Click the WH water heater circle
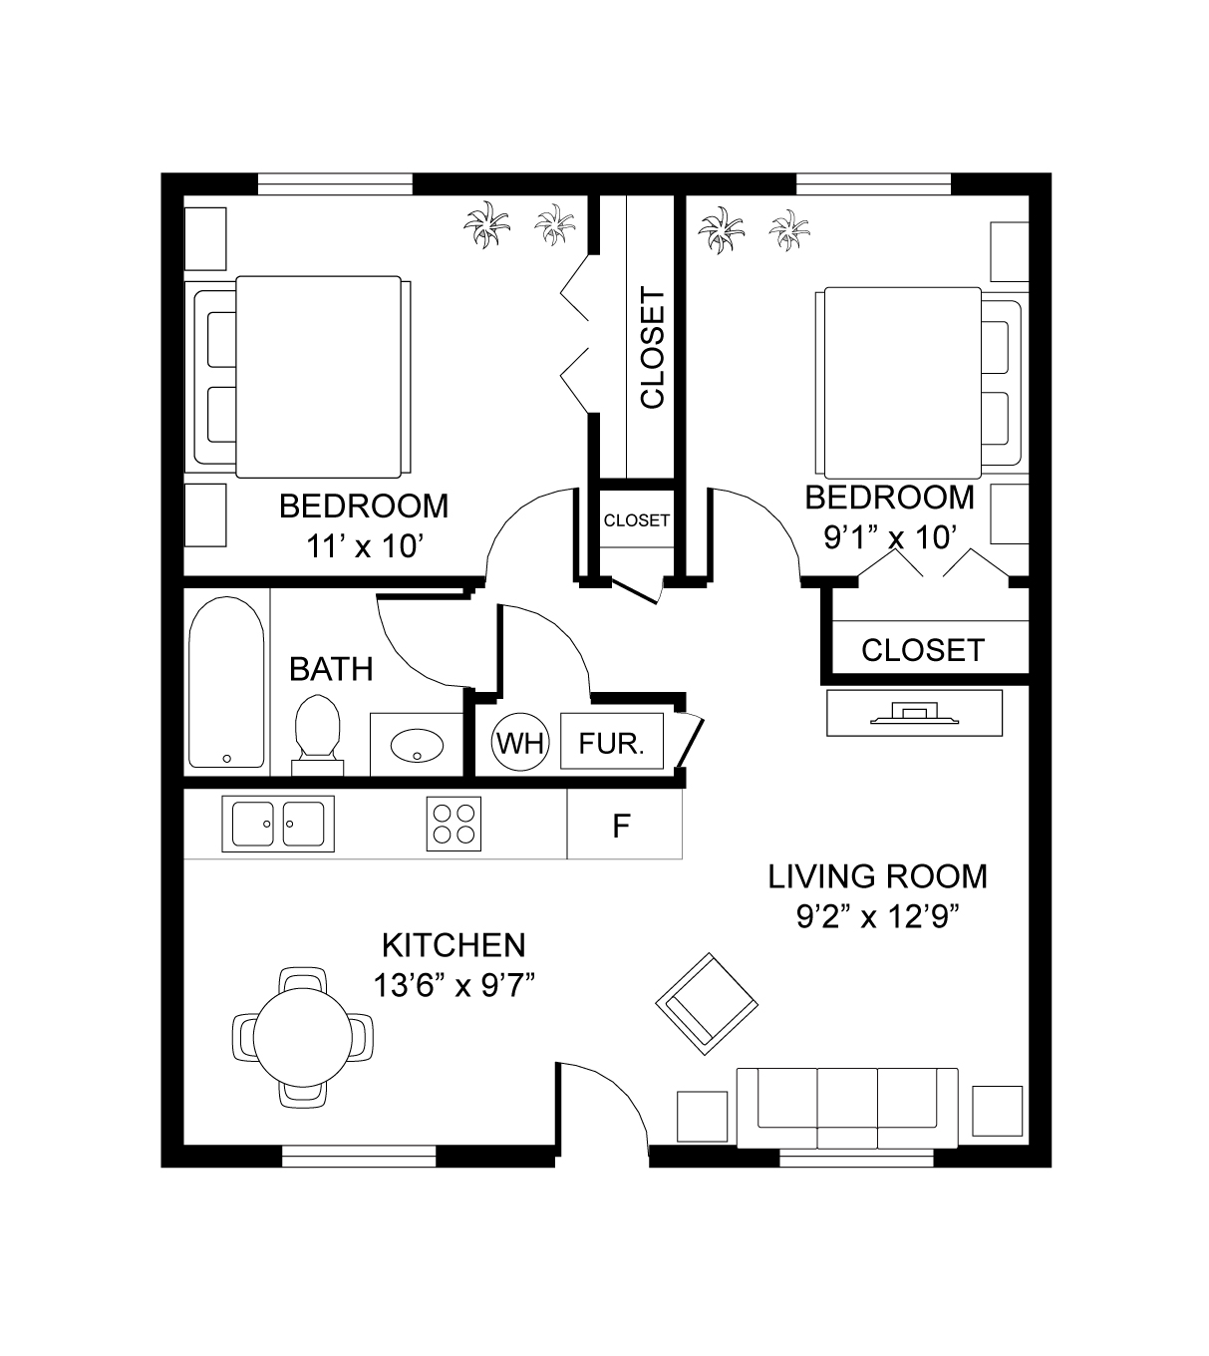pos(520,742)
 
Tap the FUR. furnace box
pos(612,741)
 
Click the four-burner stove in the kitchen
pos(453,824)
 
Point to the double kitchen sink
pos(278,824)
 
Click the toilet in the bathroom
pos(318,735)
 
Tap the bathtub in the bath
pos(226,682)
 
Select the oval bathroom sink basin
pos(417,745)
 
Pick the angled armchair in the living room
pos(707,1004)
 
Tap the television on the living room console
pos(914,714)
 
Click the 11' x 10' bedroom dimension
pos(365,546)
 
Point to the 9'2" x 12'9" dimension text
pos(878,917)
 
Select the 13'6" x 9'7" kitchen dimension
pos(453,986)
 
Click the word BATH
pos(331,669)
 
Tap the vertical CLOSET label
pos(652,347)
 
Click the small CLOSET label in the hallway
pos(636,520)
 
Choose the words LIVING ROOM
pos(877,876)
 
